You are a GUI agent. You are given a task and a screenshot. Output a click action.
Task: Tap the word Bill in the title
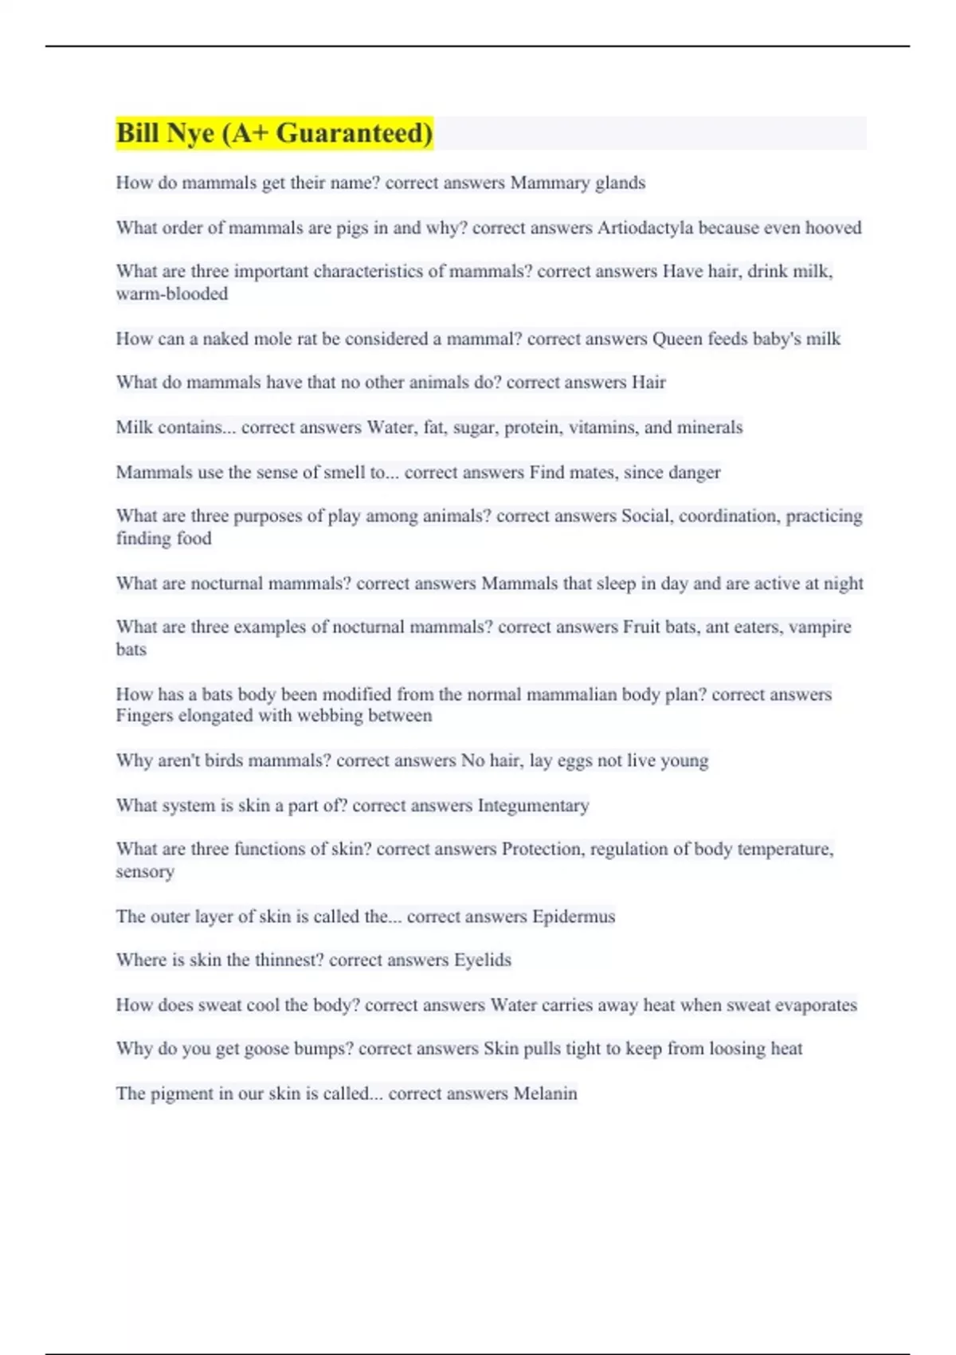point(138,132)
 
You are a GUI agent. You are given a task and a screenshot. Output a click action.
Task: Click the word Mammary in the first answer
point(546,183)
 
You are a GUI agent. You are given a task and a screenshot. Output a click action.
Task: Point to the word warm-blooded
point(171,294)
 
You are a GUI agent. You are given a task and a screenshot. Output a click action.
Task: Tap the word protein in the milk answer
point(532,427)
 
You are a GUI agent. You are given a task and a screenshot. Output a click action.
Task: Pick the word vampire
point(821,627)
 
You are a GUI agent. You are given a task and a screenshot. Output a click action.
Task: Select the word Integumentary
point(533,806)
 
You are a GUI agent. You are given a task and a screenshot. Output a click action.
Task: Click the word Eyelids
point(482,960)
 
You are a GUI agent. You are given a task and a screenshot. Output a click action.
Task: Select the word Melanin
point(545,1094)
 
